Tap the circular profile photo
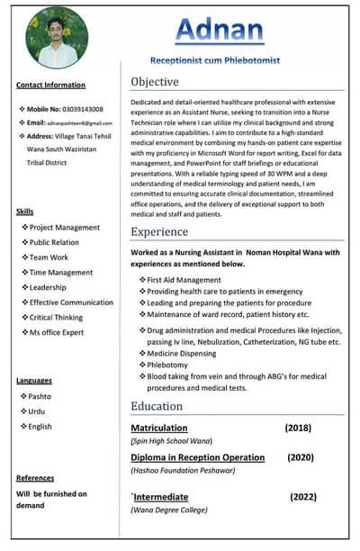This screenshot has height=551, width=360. point(58,37)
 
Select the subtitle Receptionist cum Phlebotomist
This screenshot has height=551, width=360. point(227,60)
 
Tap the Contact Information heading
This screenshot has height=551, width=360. point(50,85)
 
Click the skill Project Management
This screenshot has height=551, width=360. point(64,228)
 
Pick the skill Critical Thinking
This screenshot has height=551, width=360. point(56,318)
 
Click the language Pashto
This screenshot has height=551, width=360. point(40,396)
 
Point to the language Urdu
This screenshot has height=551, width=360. point(38,411)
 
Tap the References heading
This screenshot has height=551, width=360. point(35,478)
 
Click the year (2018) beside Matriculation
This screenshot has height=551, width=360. point(298,428)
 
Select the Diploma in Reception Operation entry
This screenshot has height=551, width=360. point(198,457)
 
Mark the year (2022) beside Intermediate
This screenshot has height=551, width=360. point(303,496)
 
